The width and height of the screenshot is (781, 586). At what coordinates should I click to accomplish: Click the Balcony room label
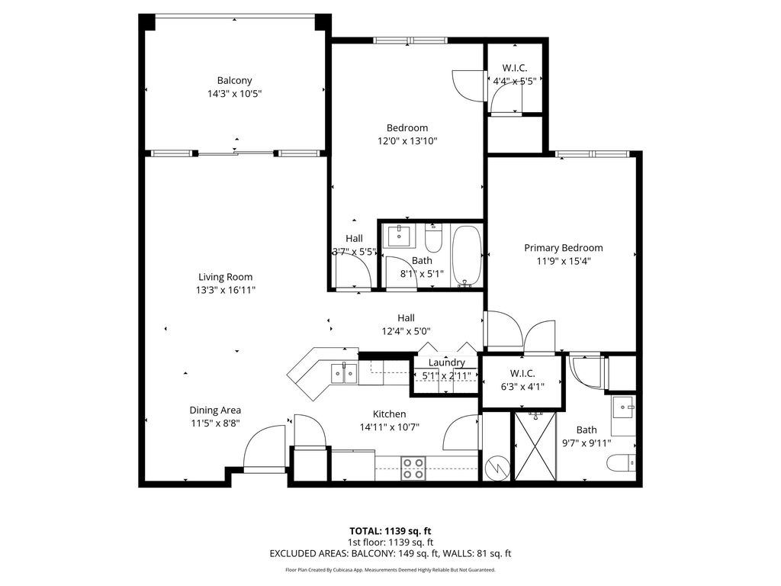click(234, 80)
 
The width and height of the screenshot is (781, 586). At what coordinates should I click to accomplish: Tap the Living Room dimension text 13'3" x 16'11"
click(225, 290)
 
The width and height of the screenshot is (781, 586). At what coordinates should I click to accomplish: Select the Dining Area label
click(215, 410)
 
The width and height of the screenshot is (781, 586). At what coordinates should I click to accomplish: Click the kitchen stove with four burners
click(413, 468)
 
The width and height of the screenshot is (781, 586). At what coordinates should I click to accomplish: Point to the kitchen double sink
click(344, 372)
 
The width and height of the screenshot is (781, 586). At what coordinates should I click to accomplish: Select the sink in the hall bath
click(399, 236)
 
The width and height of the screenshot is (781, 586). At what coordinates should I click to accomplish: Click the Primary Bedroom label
click(563, 247)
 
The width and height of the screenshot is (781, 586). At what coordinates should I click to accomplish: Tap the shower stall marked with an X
click(536, 446)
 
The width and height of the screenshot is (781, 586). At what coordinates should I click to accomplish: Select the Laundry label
click(446, 362)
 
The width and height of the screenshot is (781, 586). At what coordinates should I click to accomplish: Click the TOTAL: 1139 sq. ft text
click(390, 530)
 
